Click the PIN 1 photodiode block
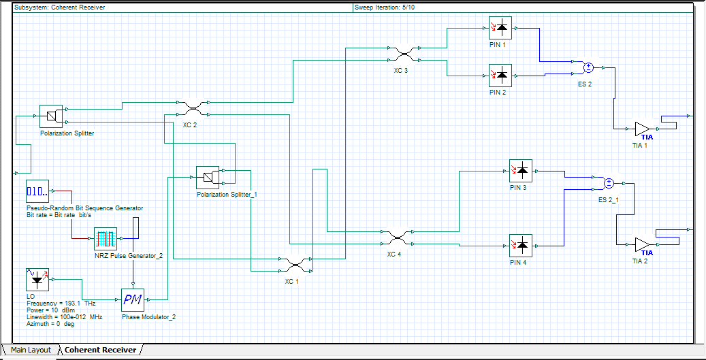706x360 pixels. pos(500,29)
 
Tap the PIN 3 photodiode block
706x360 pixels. pos(521,171)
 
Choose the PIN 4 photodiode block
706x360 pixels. pos(521,245)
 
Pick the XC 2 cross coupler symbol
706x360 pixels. pos(193,108)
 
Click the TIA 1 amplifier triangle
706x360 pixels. pos(642,129)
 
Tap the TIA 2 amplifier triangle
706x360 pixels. pos(642,244)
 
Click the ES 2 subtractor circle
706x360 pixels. pos(589,67)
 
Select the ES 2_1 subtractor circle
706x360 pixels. pos(609,183)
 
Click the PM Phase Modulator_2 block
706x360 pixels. pos(133,299)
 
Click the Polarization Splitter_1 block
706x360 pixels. pos(207,178)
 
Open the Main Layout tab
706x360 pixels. pos(29,350)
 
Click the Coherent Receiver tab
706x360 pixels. pos(100,350)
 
